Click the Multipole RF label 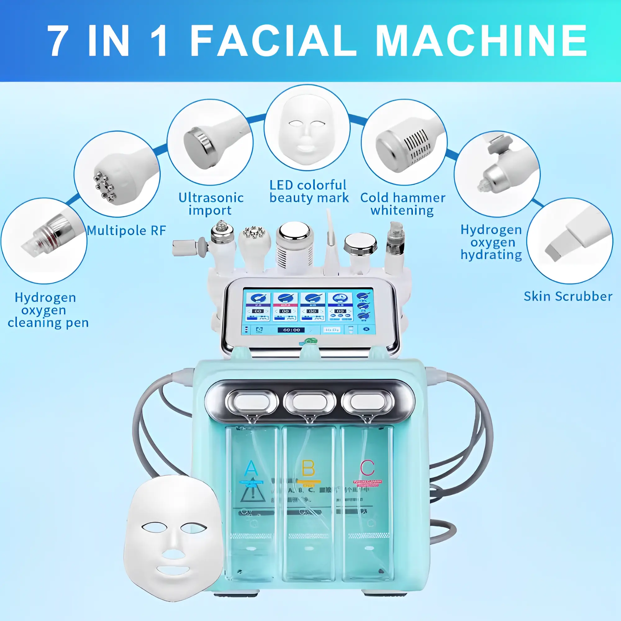pyautogui.click(x=126, y=230)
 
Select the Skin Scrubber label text pyautogui.click(x=568, y=296)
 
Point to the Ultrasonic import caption pyautogui.click(x=211, y=204)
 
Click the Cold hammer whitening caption pyautogui.click(x=403, y=204)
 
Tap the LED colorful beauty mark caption pyautogui.click(x=309, y=191)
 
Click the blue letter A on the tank pyautogui.click(x=251, y=468)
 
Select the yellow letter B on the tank pyautogui.click(x=309, y=468)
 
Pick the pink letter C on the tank pyautogui.click(x=367, y=468)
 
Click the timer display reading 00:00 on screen pyautogui.click(x=291, y=330)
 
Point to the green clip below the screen pyautogui.click(x=311, y=341)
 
